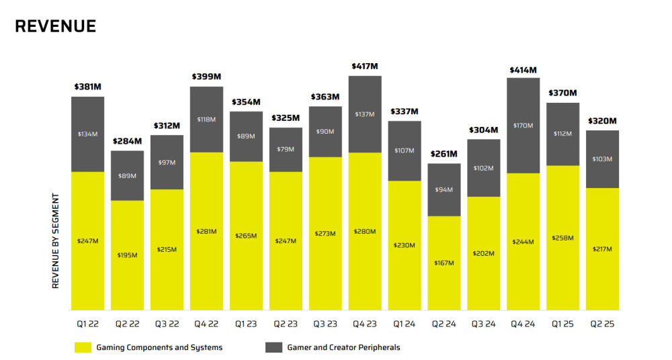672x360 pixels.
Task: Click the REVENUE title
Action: (x=55, y=26)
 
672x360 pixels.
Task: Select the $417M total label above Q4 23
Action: (x=365, y=66)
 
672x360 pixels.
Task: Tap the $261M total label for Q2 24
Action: (x=444, y=154)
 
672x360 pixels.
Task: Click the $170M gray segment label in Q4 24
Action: (x=523, y=126)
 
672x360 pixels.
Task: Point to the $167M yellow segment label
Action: (x=444, y=263)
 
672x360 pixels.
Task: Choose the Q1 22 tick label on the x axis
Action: (x=87, y=324)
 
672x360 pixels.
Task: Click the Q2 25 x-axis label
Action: (x=603, y=324)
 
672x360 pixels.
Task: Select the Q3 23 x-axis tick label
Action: (x=325, y=324)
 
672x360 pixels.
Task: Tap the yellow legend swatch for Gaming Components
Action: (x=83, y=347)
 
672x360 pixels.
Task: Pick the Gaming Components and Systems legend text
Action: (x=159, y=347)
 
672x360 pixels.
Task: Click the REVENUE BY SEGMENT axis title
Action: (x=56, y=241)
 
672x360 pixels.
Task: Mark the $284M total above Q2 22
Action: (x=127, y=141)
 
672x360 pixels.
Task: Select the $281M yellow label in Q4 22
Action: (x=206, y=231)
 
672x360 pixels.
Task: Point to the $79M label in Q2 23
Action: (x=286, y=149)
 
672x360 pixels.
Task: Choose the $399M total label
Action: (x=206, y=77)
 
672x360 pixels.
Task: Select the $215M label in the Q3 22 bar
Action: (x=167, y=249)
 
